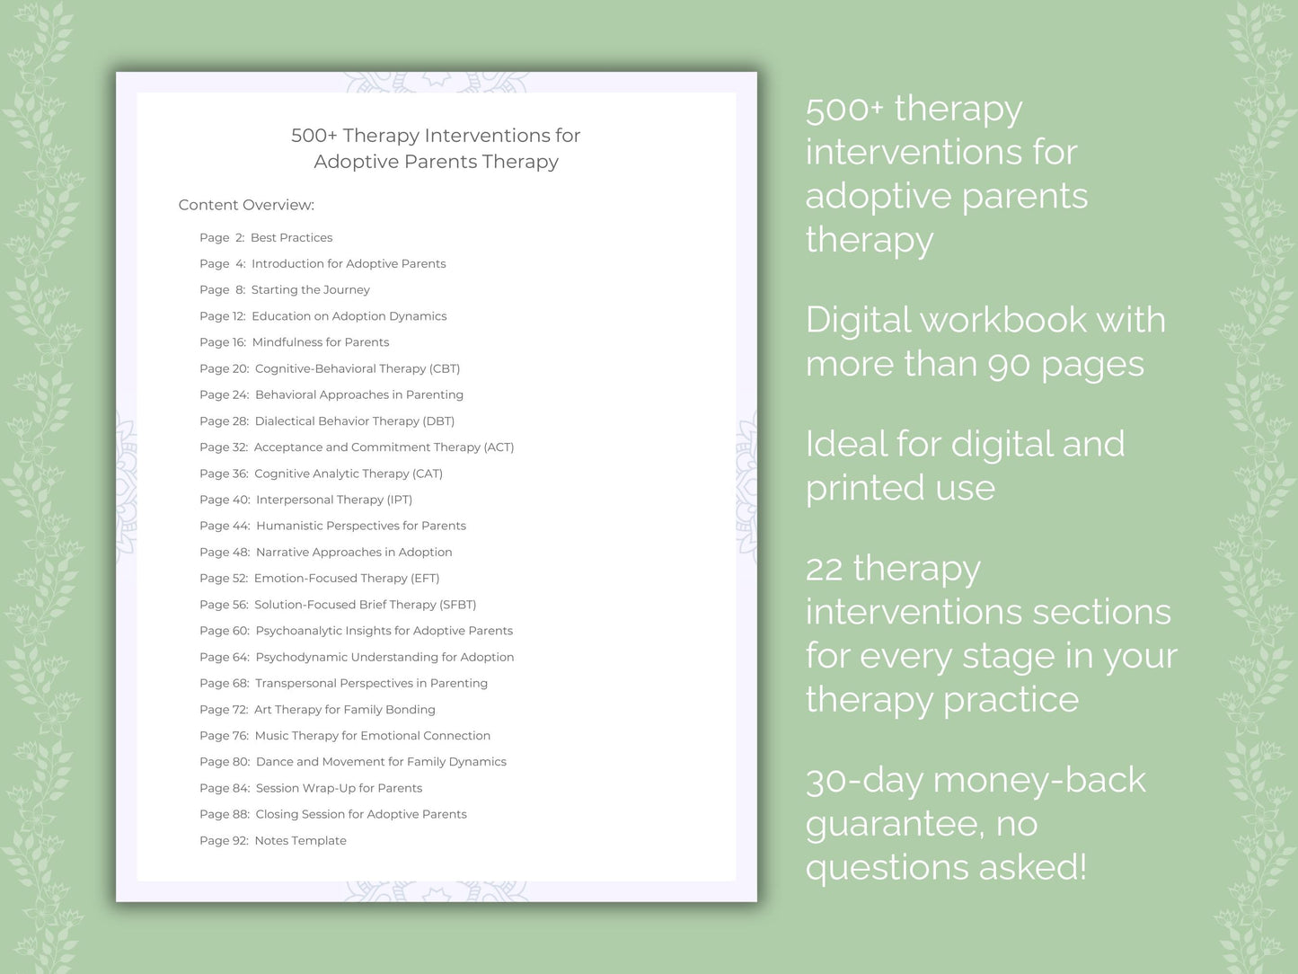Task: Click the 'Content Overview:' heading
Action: pyautogui.click(x=246, y=205)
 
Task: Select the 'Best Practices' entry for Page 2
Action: pyautogui.click(x=291, y=237)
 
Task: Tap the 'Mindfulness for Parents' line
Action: pyautogui.click(x=320, y=342)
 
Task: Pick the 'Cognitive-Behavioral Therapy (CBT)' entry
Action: pyautogui.click(x=357, y=368)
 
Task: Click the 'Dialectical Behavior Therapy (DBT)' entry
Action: pyautogui.click(x=354, y=421)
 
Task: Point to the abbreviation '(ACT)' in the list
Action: pyautogui.click(x=499, y=447)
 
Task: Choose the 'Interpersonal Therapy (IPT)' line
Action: pyautogui.click(x=333, y=500)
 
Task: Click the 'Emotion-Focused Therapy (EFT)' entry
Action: pyautogui.click(x=346, y=578)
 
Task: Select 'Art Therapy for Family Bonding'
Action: pyautogui.click(x=344, y=710)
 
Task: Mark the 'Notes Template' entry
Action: pyautogui.click(x=300, y=841)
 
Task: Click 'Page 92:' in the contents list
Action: pyautogui.click(x=224, y=841)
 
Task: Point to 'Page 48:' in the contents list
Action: pyautogui.click(x=225, y=552)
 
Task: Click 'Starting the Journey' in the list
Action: pyautogui.click(x=310, y=290)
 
